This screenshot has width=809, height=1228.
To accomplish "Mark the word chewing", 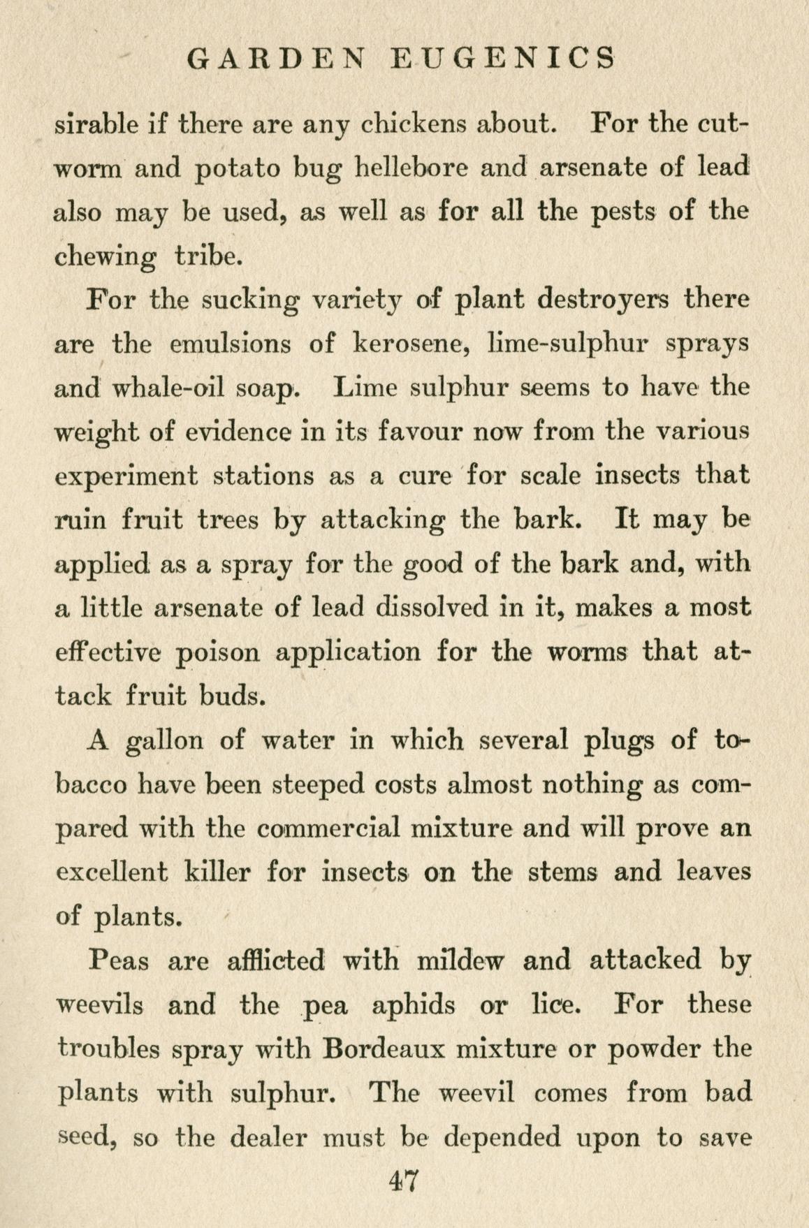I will coord(105,257).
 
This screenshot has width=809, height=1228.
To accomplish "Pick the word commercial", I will coord(328,828).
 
